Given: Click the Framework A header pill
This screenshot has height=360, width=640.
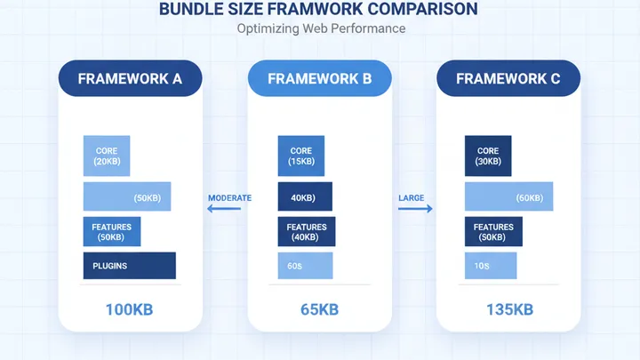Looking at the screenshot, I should tap(130, 78).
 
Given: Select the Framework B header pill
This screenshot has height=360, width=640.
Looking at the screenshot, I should tap(319, 78).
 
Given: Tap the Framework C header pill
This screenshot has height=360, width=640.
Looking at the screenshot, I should tap(508, 78).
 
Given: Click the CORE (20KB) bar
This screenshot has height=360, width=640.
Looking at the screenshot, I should tap(107, 156).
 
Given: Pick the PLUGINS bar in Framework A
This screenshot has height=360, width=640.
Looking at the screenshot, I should tap(129, 266).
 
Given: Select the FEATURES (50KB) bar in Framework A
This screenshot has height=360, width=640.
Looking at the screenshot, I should tap(111, 232).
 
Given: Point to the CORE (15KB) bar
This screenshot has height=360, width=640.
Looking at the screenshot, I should tap(300, 156).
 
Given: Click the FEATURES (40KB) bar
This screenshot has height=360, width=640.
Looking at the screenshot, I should tap(306, 232).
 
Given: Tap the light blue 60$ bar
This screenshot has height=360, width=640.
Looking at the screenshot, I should tap(305, 266).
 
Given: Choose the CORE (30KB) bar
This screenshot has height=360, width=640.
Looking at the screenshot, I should tap(488, 156).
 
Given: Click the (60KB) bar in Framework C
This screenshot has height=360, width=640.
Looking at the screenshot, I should tap(508, 196).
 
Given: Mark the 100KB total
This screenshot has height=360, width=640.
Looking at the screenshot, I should tap(130, 309).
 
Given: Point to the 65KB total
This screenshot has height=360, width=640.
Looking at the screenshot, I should tap(319, 309).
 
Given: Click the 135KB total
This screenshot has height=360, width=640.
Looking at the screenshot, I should tap(508, 309).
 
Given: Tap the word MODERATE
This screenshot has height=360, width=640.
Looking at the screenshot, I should tap(229, 198).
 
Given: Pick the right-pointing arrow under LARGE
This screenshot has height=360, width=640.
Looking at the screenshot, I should tap(415, 210).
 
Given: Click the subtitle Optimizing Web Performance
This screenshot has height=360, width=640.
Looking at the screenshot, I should tap(321, 28).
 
